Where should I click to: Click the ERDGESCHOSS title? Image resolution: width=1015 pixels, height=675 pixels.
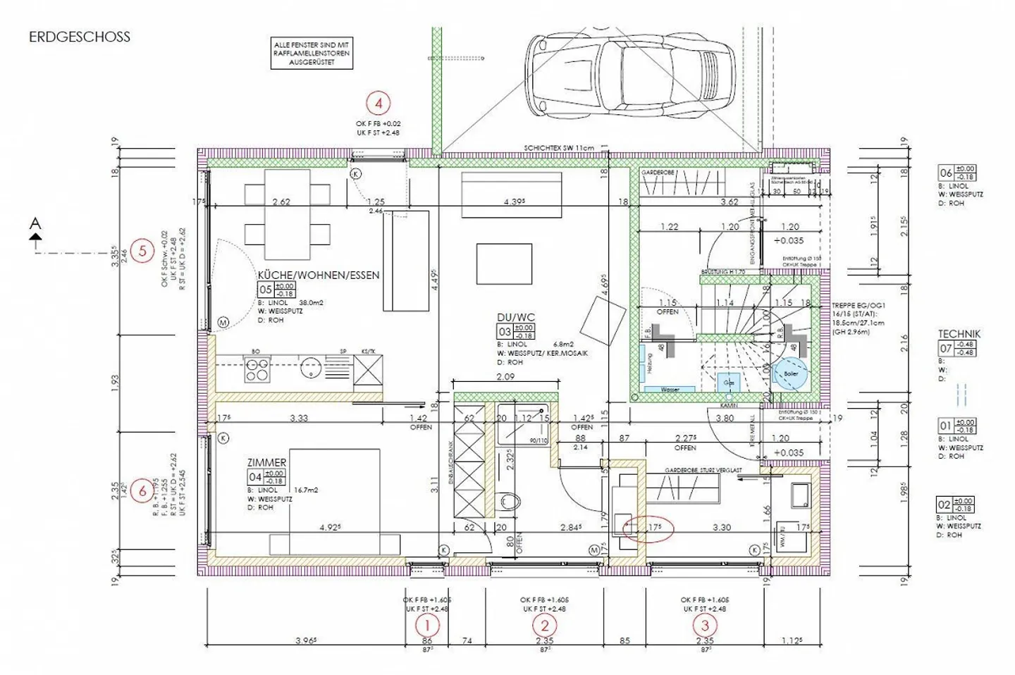80,37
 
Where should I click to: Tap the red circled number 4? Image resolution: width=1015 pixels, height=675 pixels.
379,104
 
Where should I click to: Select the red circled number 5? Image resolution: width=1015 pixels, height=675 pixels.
142,250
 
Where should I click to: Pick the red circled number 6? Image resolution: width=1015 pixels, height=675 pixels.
142,491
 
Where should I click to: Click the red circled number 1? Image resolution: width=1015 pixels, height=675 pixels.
427,624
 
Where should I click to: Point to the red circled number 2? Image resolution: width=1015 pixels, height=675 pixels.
544,624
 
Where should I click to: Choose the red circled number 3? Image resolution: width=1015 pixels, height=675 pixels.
704,624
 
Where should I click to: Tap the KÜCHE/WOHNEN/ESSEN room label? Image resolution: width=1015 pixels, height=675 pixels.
319,275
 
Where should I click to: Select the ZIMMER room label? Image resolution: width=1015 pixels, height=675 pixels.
266,462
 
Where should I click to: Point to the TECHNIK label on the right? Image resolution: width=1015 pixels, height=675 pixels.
959,334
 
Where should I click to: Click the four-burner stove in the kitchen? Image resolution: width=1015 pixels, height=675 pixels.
257,369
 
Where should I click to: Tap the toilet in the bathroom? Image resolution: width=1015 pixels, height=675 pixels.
510,502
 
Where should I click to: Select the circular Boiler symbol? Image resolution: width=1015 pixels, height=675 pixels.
791,374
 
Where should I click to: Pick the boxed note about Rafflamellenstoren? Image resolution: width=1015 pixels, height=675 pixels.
312,54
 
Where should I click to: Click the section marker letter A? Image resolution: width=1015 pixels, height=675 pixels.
35,224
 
